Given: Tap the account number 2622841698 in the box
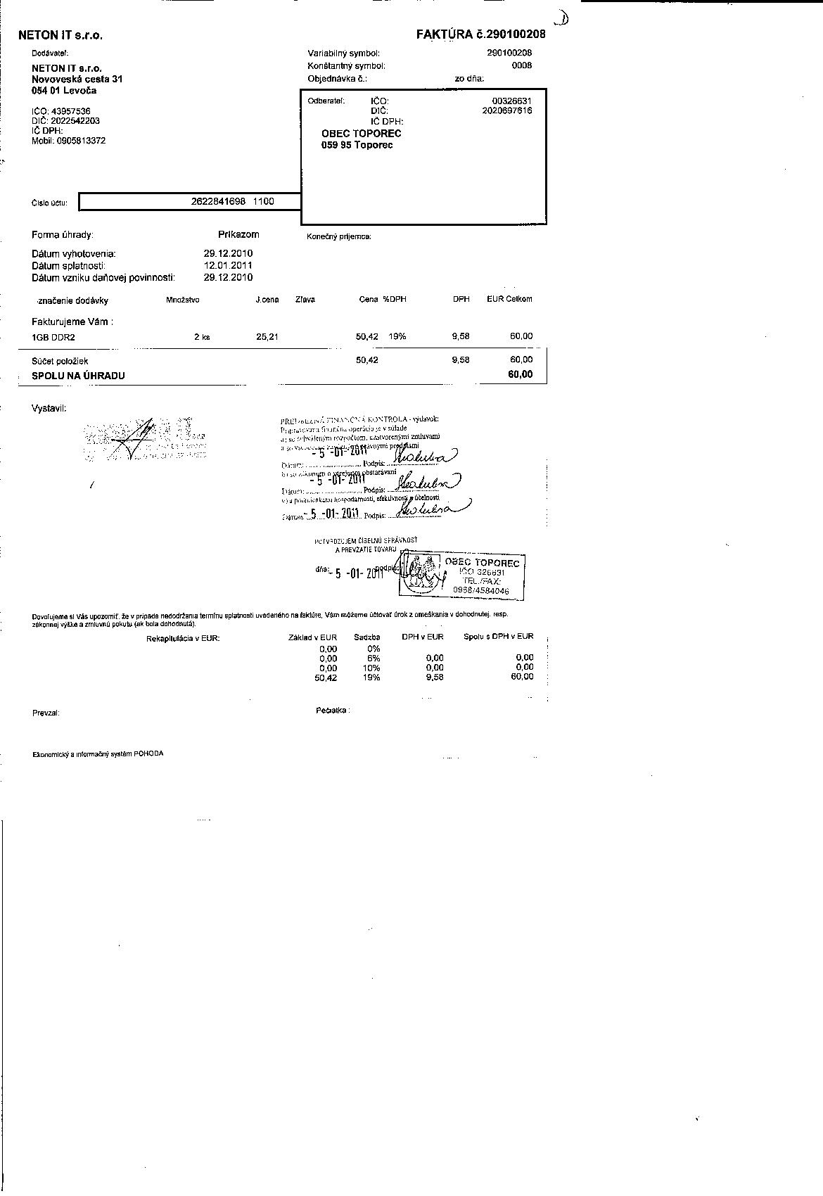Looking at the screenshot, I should tap(218, 201).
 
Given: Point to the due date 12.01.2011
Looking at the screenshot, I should tap(228, 265).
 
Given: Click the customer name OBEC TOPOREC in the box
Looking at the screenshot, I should tap(361, 133).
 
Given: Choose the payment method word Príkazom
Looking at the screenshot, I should tap(238, 234).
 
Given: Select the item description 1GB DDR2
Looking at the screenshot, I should tap(53, 337).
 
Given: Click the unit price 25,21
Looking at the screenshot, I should tap(267, 337).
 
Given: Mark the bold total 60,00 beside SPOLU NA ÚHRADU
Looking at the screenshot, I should tap(521, 374).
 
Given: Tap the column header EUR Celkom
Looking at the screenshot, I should tap(509, 299).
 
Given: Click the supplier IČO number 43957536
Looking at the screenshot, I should tap(70, 111).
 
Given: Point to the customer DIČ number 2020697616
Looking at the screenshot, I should tap(507, 110).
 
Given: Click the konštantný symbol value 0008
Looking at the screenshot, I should tap(522, 65).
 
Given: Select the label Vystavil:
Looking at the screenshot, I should tap(49, 408).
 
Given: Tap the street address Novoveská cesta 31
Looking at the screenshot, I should tap(77, 79).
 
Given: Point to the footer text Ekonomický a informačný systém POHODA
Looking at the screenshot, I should tap(98, 753).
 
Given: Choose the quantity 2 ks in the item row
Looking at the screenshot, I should tap(202, 337).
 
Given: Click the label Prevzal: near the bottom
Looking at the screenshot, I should tap(46, 713).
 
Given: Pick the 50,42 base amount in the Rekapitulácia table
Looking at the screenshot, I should tap(326, 677).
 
